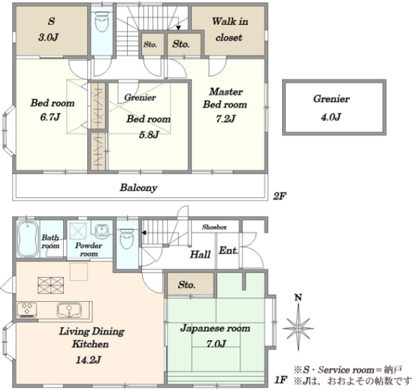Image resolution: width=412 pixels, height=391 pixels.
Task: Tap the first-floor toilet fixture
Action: pyautogui.click(x=127, y=238)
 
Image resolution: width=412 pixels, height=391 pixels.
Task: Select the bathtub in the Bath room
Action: pyautogui.click(x=28, y=239)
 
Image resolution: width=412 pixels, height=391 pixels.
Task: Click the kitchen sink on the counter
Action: pyautogui.click(x=69, y=310)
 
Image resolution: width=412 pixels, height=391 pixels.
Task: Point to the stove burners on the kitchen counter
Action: pyautogui.click(x=27, y=310)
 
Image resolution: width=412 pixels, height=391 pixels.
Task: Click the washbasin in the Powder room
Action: pyautogui.click(x=101, y=230)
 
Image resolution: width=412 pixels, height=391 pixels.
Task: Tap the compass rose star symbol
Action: pyautogui.click(x=298, y=328)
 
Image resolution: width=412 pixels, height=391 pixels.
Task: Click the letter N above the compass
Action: pyautogui.click(x=298, y=298)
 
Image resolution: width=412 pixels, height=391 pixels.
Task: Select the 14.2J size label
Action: pyautogui.click(x=89, y=359)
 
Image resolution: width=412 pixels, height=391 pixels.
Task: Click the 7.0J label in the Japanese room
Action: pyautogui.click(x=216, y=344)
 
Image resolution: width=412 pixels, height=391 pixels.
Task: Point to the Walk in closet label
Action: pyautogui.click(x=229, y=29)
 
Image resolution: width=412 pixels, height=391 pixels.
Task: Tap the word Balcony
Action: pyautogui.click(x=139, y=188)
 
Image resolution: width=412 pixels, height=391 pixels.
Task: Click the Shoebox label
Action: pyautogui.click(x=214, y=227)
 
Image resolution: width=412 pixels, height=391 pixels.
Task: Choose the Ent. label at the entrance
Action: pyautogui.click(x=229, y=250)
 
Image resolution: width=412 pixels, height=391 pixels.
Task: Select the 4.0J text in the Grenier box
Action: pyautogui.click(x=331, y=117)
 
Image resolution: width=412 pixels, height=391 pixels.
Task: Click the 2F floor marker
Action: pyautogui.click(x=279, y=196)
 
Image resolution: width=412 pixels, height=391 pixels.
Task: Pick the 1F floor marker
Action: pyautogui.click(x=280, y=380)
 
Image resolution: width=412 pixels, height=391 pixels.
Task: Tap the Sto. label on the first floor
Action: pyautogui.click(x=186, y=284)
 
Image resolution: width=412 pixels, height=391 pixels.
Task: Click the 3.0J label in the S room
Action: pyautogui.click(x=48, y=37)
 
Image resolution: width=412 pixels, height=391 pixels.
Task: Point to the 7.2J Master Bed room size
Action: pyautogui.click(x=225, y=119)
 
